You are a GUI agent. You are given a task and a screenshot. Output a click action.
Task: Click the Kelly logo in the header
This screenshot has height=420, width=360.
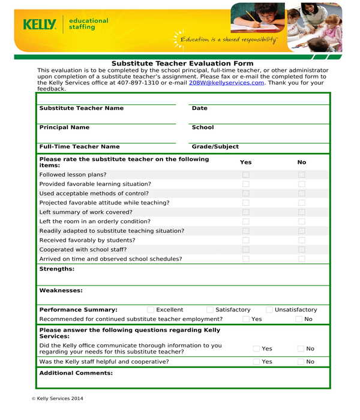[40, 25]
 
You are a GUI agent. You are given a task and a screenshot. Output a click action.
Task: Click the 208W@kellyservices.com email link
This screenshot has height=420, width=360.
[226, 83]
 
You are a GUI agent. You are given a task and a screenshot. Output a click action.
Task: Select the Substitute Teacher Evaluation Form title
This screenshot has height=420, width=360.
[182, 64]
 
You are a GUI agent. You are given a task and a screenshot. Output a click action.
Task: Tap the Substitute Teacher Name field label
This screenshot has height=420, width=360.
[81, 108]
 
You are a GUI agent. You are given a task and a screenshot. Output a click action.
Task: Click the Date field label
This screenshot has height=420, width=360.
[199, 108]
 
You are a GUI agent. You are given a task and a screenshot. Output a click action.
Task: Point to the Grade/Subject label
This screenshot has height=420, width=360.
[215, 146]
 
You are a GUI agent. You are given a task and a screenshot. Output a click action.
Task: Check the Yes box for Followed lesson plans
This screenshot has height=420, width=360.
[245, 175]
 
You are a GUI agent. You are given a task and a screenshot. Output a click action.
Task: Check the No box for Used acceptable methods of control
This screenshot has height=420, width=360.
[302, 194]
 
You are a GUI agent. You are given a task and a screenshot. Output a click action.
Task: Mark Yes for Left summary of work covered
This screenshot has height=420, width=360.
[245, 212]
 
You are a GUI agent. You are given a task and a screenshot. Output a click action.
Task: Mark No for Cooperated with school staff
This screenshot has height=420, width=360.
[302, 250]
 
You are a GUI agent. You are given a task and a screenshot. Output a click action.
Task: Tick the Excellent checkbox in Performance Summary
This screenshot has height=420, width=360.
[151, 310]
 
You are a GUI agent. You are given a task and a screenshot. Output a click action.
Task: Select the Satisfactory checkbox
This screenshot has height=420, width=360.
[210, 310]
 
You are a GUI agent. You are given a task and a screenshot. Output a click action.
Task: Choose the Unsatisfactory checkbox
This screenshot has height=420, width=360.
[269, 310]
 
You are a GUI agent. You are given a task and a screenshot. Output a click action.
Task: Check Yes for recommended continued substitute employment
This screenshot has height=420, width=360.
[246, 319]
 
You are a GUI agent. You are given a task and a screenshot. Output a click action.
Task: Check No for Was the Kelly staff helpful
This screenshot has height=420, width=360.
[301, 362]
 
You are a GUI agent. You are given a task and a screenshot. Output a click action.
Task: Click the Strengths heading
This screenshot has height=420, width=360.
[56, 269]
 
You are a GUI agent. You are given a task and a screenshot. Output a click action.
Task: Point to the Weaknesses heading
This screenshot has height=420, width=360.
[61, 290]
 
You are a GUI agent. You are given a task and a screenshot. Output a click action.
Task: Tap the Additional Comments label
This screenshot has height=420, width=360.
[76, 373]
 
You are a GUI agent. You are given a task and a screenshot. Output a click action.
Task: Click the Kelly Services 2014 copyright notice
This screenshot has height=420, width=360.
[57, 398]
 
